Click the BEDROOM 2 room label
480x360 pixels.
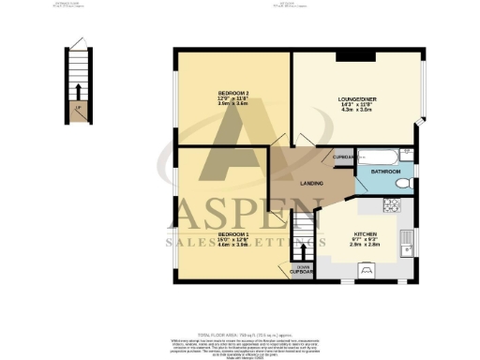pyautogui.click(x=232, y=94)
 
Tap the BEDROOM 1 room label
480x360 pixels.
pyautogui.click(x=232, y=234)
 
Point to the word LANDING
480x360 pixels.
pyautogui.click(x=312, y=184)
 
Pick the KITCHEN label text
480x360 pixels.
pyautogui.click(x=365, y=233)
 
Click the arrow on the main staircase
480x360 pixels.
pyautogui.click(x=302, y=232)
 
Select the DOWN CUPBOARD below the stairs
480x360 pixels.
pyautogui.click(x=303, y=268)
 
